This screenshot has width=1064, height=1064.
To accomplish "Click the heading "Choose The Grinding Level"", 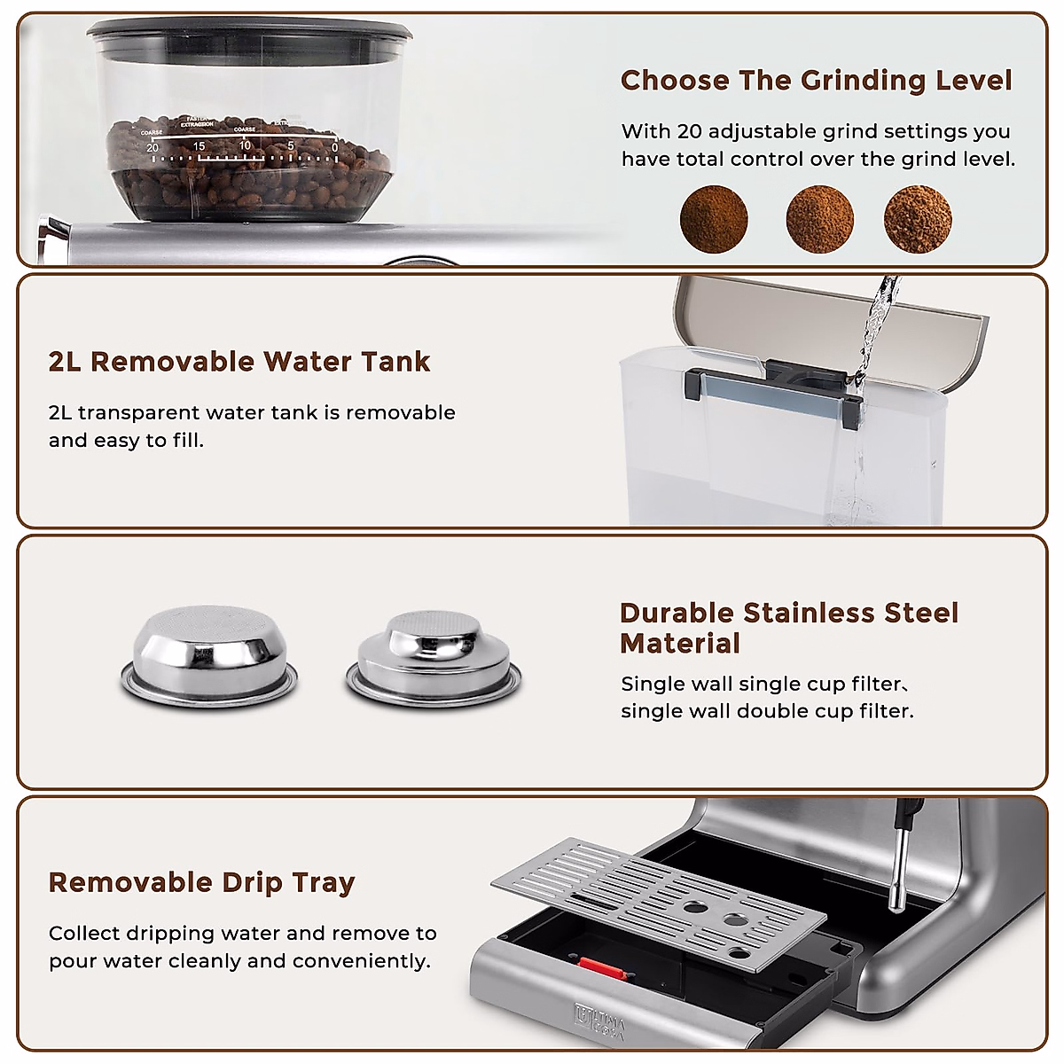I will click(x=816, y=81).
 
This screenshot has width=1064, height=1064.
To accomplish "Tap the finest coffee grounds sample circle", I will click(x=714, y=219).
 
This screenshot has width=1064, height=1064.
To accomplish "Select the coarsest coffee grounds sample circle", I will click(x=918, y=219).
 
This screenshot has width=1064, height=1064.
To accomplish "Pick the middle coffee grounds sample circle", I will click(x=819, y=219).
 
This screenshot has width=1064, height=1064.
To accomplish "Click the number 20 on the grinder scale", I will click(x=153, y=147).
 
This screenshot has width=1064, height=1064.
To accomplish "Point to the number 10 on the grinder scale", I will click(x=245, y=145).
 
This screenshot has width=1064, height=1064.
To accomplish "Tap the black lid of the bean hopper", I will click(x=249, y=35).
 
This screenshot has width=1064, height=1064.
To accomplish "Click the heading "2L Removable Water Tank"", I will click(x=239, y=362).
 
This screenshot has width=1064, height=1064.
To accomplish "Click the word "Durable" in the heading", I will click(x=677, y=613).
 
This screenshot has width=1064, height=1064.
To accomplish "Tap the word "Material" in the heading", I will click(x=680, y=644).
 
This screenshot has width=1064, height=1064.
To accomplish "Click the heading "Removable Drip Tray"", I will click(x=202, y=882).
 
